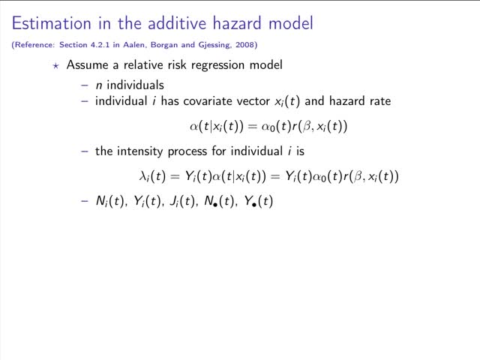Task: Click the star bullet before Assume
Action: tap(55, 65)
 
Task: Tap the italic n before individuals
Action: tap(99, 85)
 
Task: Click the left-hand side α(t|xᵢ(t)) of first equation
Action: tap(216, 126)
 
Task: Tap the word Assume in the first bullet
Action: tap(88, 65)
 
